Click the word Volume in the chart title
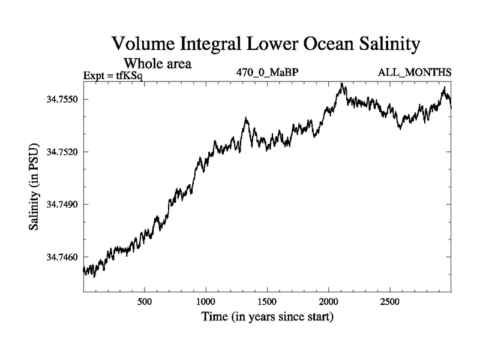click(142, 45)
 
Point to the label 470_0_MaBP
click(268, 73)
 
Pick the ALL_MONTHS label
click(415, 73)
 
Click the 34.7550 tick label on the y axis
click(61, 99)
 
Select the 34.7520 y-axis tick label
click(61, 152)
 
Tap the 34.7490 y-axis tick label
click(61, 205)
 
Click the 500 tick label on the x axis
click(144, 300)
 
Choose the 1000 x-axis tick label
click(206, 300)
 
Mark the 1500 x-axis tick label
click(267, 300)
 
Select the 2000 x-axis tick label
click(329, 300)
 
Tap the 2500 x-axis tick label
click(390, 300)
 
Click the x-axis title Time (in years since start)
click(267, 316)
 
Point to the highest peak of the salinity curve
click(341, 84)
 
